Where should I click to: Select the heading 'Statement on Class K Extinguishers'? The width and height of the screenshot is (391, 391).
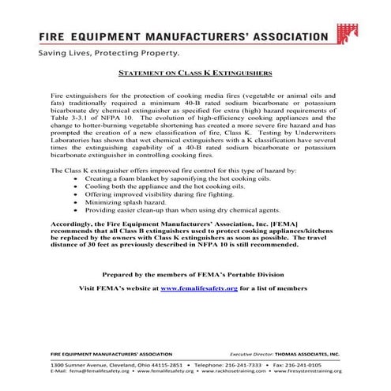[194, 72]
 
